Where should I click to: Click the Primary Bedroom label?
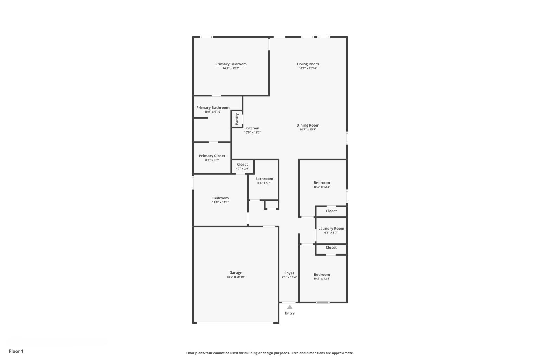231,64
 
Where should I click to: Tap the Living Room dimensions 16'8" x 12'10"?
308,69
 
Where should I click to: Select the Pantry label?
237,119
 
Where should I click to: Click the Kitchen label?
252,128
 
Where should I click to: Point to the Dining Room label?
308,125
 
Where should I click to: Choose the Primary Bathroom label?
213,108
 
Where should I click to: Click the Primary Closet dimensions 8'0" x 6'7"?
212,160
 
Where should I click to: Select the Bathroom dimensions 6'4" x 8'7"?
264,183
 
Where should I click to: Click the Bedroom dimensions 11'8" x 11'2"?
220,202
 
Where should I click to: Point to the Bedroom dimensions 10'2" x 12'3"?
322,187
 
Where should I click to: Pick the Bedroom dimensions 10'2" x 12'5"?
322,279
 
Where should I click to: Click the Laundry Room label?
331,229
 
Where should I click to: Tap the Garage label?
236,273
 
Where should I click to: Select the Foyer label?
289,273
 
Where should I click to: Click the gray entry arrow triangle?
290,307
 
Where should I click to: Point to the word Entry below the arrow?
290,313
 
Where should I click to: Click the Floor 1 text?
16,351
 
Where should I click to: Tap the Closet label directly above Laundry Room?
331,211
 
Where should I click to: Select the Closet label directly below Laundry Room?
331,247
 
